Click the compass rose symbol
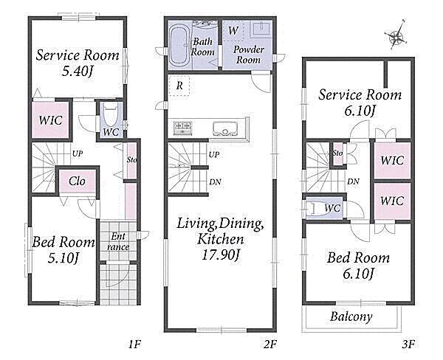pyautogui.click(x=397, y=36)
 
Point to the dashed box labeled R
pyautogui.click(x=179, y=86)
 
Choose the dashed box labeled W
pyautogui.click(x=233, y=30)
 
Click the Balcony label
pyautogui.click(x=351, y=316)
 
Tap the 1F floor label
pyautogui.click(x=134, y=344)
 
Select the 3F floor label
pyautogui.click(x=408, y=344)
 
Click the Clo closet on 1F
pyautogui.click(x=78, y=181)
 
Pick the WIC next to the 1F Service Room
pyautogui.click(x=50, y=120)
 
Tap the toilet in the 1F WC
pyautogui.click(x=111, y=116)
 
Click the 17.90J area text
pyautogui.click(x=221, y=255)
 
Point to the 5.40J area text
pyautogui.click(x=78, y=71)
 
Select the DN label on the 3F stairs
pyautogui.click(x=353, y=181)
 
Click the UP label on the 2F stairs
pyautogui.click(x=214, y=154)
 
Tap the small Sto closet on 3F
pyautogui.click(x=337, y=153)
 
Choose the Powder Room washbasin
pyautogui.click(x=261, y=29)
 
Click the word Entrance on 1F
pyautogui.click(x=118, y=241)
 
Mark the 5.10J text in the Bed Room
pyautogui.click(x=63, y=258)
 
